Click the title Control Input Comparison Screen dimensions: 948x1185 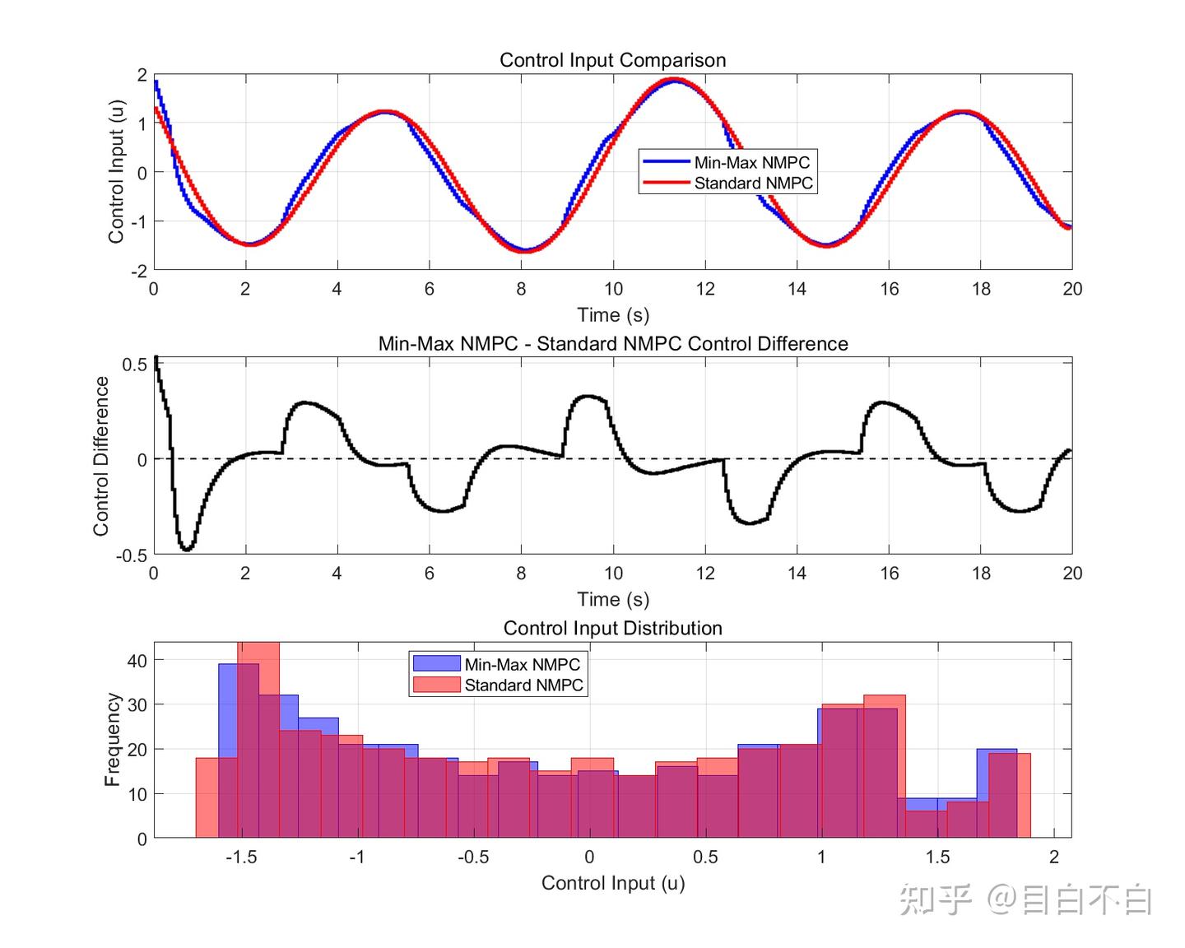point(612,60)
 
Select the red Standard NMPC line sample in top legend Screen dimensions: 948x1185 point(666,183)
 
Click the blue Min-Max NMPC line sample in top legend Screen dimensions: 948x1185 point(666,162)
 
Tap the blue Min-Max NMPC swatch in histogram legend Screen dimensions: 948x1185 point(436,663)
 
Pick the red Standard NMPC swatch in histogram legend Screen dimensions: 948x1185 point(436,685)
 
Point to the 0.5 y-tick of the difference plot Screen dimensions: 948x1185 point(134,365)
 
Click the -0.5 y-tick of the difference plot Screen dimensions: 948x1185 point(131,555)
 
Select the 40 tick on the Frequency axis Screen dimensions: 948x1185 point(137,660)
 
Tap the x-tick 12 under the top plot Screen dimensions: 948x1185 point(705,289)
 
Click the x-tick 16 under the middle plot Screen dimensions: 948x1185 point(889,574)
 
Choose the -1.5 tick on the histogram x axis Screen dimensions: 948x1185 point(240,857)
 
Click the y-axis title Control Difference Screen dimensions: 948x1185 point(101,456)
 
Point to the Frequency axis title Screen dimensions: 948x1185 point(113,739)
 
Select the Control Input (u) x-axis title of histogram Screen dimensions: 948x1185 point(612,883)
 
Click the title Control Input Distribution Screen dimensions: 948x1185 point(612,628)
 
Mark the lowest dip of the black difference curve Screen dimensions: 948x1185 point(187,549)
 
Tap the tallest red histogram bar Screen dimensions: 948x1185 point(258,741)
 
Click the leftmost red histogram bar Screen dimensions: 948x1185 point(207,797)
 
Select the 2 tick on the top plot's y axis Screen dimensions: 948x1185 point(142,75)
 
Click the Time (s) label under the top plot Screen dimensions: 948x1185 point(612,315)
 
